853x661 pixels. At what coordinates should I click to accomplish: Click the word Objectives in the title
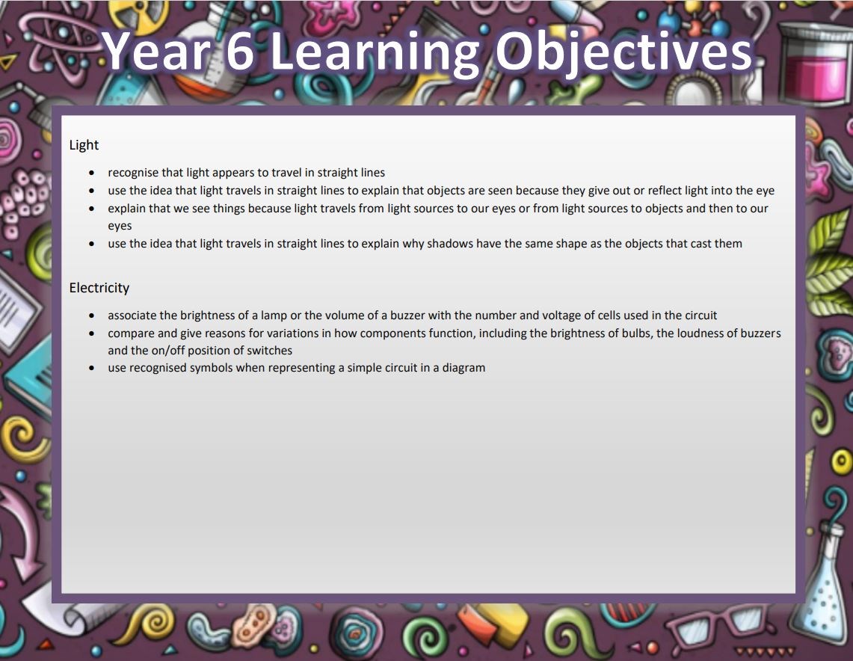pos(623,53)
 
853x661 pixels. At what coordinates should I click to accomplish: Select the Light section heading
pos(84,145)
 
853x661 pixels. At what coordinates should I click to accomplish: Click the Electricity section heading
pos(99,288)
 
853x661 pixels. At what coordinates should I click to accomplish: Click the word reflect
pos(664,191)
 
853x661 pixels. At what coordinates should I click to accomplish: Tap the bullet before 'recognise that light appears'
pos(91,173)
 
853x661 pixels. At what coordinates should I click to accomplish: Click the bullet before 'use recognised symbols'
pos(91,369)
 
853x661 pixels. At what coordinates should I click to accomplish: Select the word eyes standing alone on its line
pos(120,227)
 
